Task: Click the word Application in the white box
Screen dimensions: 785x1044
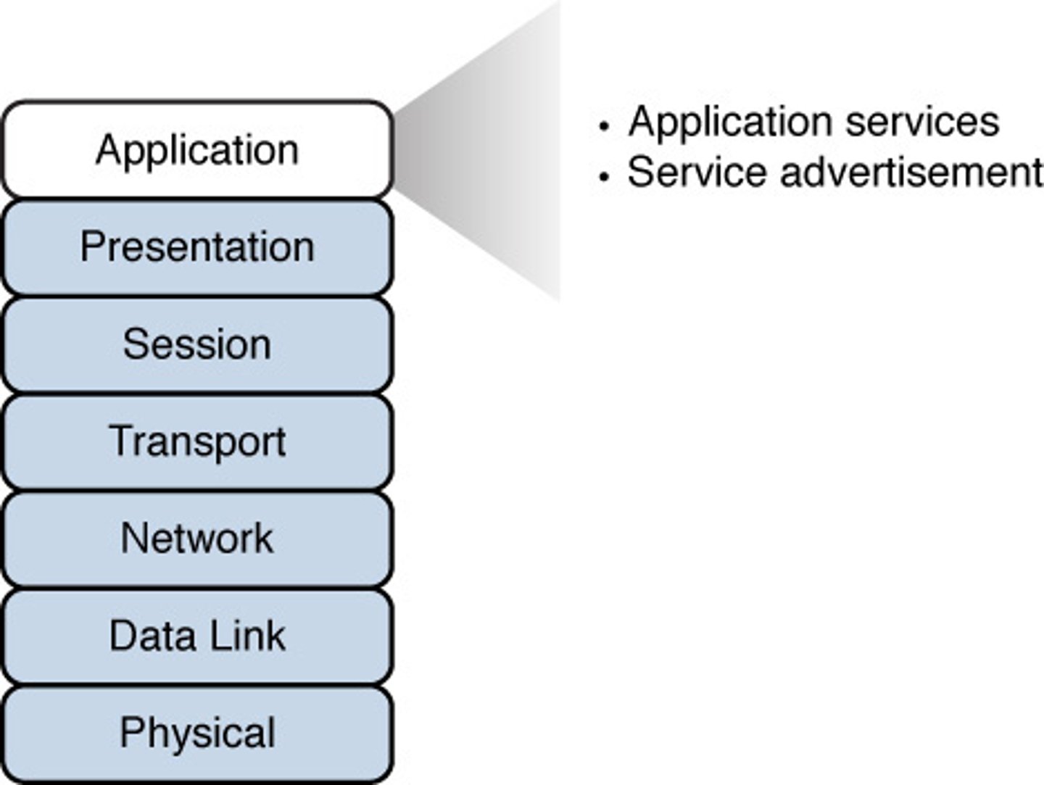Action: click(197, 151)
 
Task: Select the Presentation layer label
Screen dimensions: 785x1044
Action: click(197, 247)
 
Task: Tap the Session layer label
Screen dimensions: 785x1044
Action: click(197, 344)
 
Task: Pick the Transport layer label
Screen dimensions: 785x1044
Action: click(197, 441)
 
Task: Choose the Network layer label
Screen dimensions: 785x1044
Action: click(197, 539)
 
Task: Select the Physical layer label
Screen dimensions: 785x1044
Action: click(197, 733)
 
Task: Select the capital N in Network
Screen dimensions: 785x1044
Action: click(133, 539)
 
